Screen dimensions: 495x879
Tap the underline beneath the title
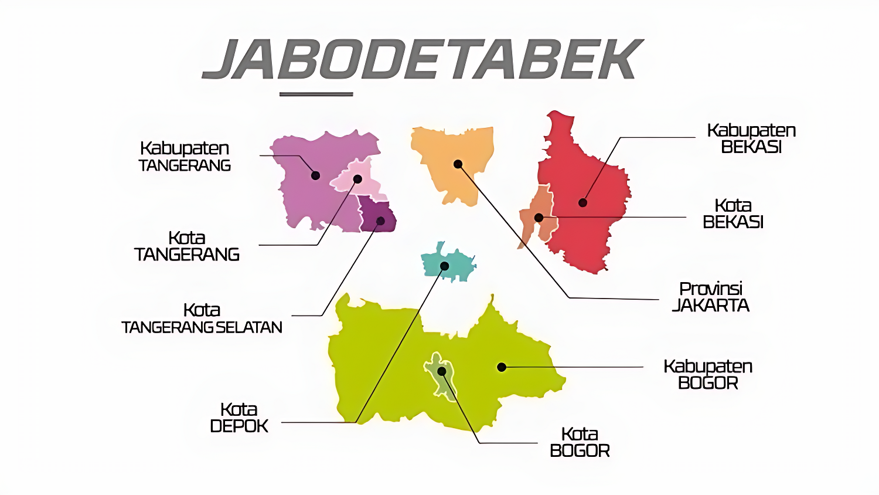tap(316, 94)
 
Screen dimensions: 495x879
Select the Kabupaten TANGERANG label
tap(185, 157)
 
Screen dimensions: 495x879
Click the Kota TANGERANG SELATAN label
tap(202, 318)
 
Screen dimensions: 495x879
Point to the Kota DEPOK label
tap(239, 418)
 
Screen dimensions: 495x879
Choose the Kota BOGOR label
tap(580, 442)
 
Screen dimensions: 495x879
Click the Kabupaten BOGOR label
tap(708, 374)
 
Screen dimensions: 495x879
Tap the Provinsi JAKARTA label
tap(711, 297)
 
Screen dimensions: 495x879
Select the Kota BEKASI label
tap(733, 213)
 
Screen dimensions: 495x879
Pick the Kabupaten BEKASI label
tap(751, 138)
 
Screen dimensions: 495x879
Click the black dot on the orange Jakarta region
tap(458, 164)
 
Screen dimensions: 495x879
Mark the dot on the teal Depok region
tap(445, 266)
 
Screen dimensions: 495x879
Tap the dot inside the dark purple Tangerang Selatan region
tap(380, 221)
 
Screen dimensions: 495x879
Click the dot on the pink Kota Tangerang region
tap(357, 179)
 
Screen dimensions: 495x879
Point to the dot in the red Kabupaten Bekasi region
tap(582, 203)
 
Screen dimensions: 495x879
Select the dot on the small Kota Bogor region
tap(442, 371)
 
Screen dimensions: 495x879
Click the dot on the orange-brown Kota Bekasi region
tap(539, 218)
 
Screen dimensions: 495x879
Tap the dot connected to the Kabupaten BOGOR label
tap(502, 367)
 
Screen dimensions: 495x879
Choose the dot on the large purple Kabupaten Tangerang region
tap(315, 175)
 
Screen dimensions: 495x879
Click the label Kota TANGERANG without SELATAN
tap(187, 246)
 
